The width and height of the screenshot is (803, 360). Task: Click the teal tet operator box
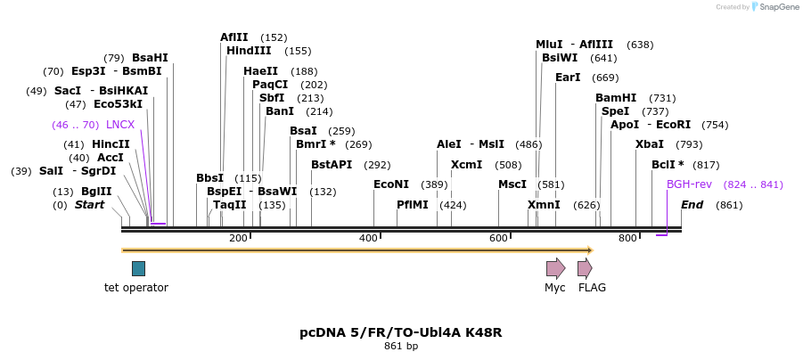(x=138, y=268)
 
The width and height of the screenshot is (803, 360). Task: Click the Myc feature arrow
(x=555, y=268)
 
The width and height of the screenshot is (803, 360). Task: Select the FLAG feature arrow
(x=585, y=268)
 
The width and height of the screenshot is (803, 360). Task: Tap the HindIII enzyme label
(x=249, y=51)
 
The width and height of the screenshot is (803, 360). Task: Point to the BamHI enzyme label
(x=616, y=98)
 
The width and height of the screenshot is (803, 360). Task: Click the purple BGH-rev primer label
(x=689, y=184)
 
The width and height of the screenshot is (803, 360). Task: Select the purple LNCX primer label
(x=120, y=125)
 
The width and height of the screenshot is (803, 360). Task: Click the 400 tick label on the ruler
(x=368, y=238)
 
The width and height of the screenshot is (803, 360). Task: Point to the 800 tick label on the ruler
(x=627, y=238)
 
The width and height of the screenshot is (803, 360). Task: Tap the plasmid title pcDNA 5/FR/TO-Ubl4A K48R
(x=400, y=332)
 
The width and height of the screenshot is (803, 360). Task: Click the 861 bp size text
(x=400, y=346)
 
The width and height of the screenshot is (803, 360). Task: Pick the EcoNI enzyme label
(x=391, y=184)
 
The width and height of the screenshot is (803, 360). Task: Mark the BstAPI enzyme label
(x=332, y=165)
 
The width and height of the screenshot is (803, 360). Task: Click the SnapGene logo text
(x=778, y=7)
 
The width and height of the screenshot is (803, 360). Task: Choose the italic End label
(x=692, y=205)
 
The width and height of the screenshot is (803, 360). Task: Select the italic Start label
(x=89, y=205)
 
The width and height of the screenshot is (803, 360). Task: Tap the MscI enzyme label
(x=512, y=184)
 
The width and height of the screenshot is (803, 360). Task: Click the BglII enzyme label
(x=96, y=192)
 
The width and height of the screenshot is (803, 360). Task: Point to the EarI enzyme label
(x=568, y=78)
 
